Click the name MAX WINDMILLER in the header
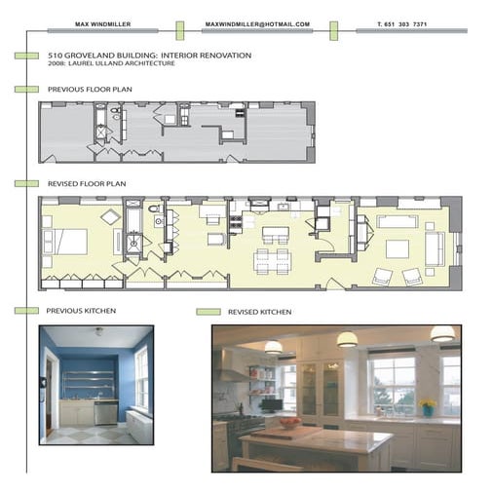point(103,22)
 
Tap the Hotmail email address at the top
point(257,22)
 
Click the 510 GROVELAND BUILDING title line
point(149,56)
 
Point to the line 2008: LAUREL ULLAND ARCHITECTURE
point(111,64)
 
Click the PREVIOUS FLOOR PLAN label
point(90,89)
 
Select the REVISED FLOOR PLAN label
point(86,183)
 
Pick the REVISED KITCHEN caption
point(259,313)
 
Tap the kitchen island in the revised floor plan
point(274,235)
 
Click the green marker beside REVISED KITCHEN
point(207,313)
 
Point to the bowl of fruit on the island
point(289,423)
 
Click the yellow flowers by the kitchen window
point(427,404)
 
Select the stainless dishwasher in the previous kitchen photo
point(106,413)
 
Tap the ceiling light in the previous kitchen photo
point(98,331)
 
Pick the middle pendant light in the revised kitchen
point(346,339)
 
